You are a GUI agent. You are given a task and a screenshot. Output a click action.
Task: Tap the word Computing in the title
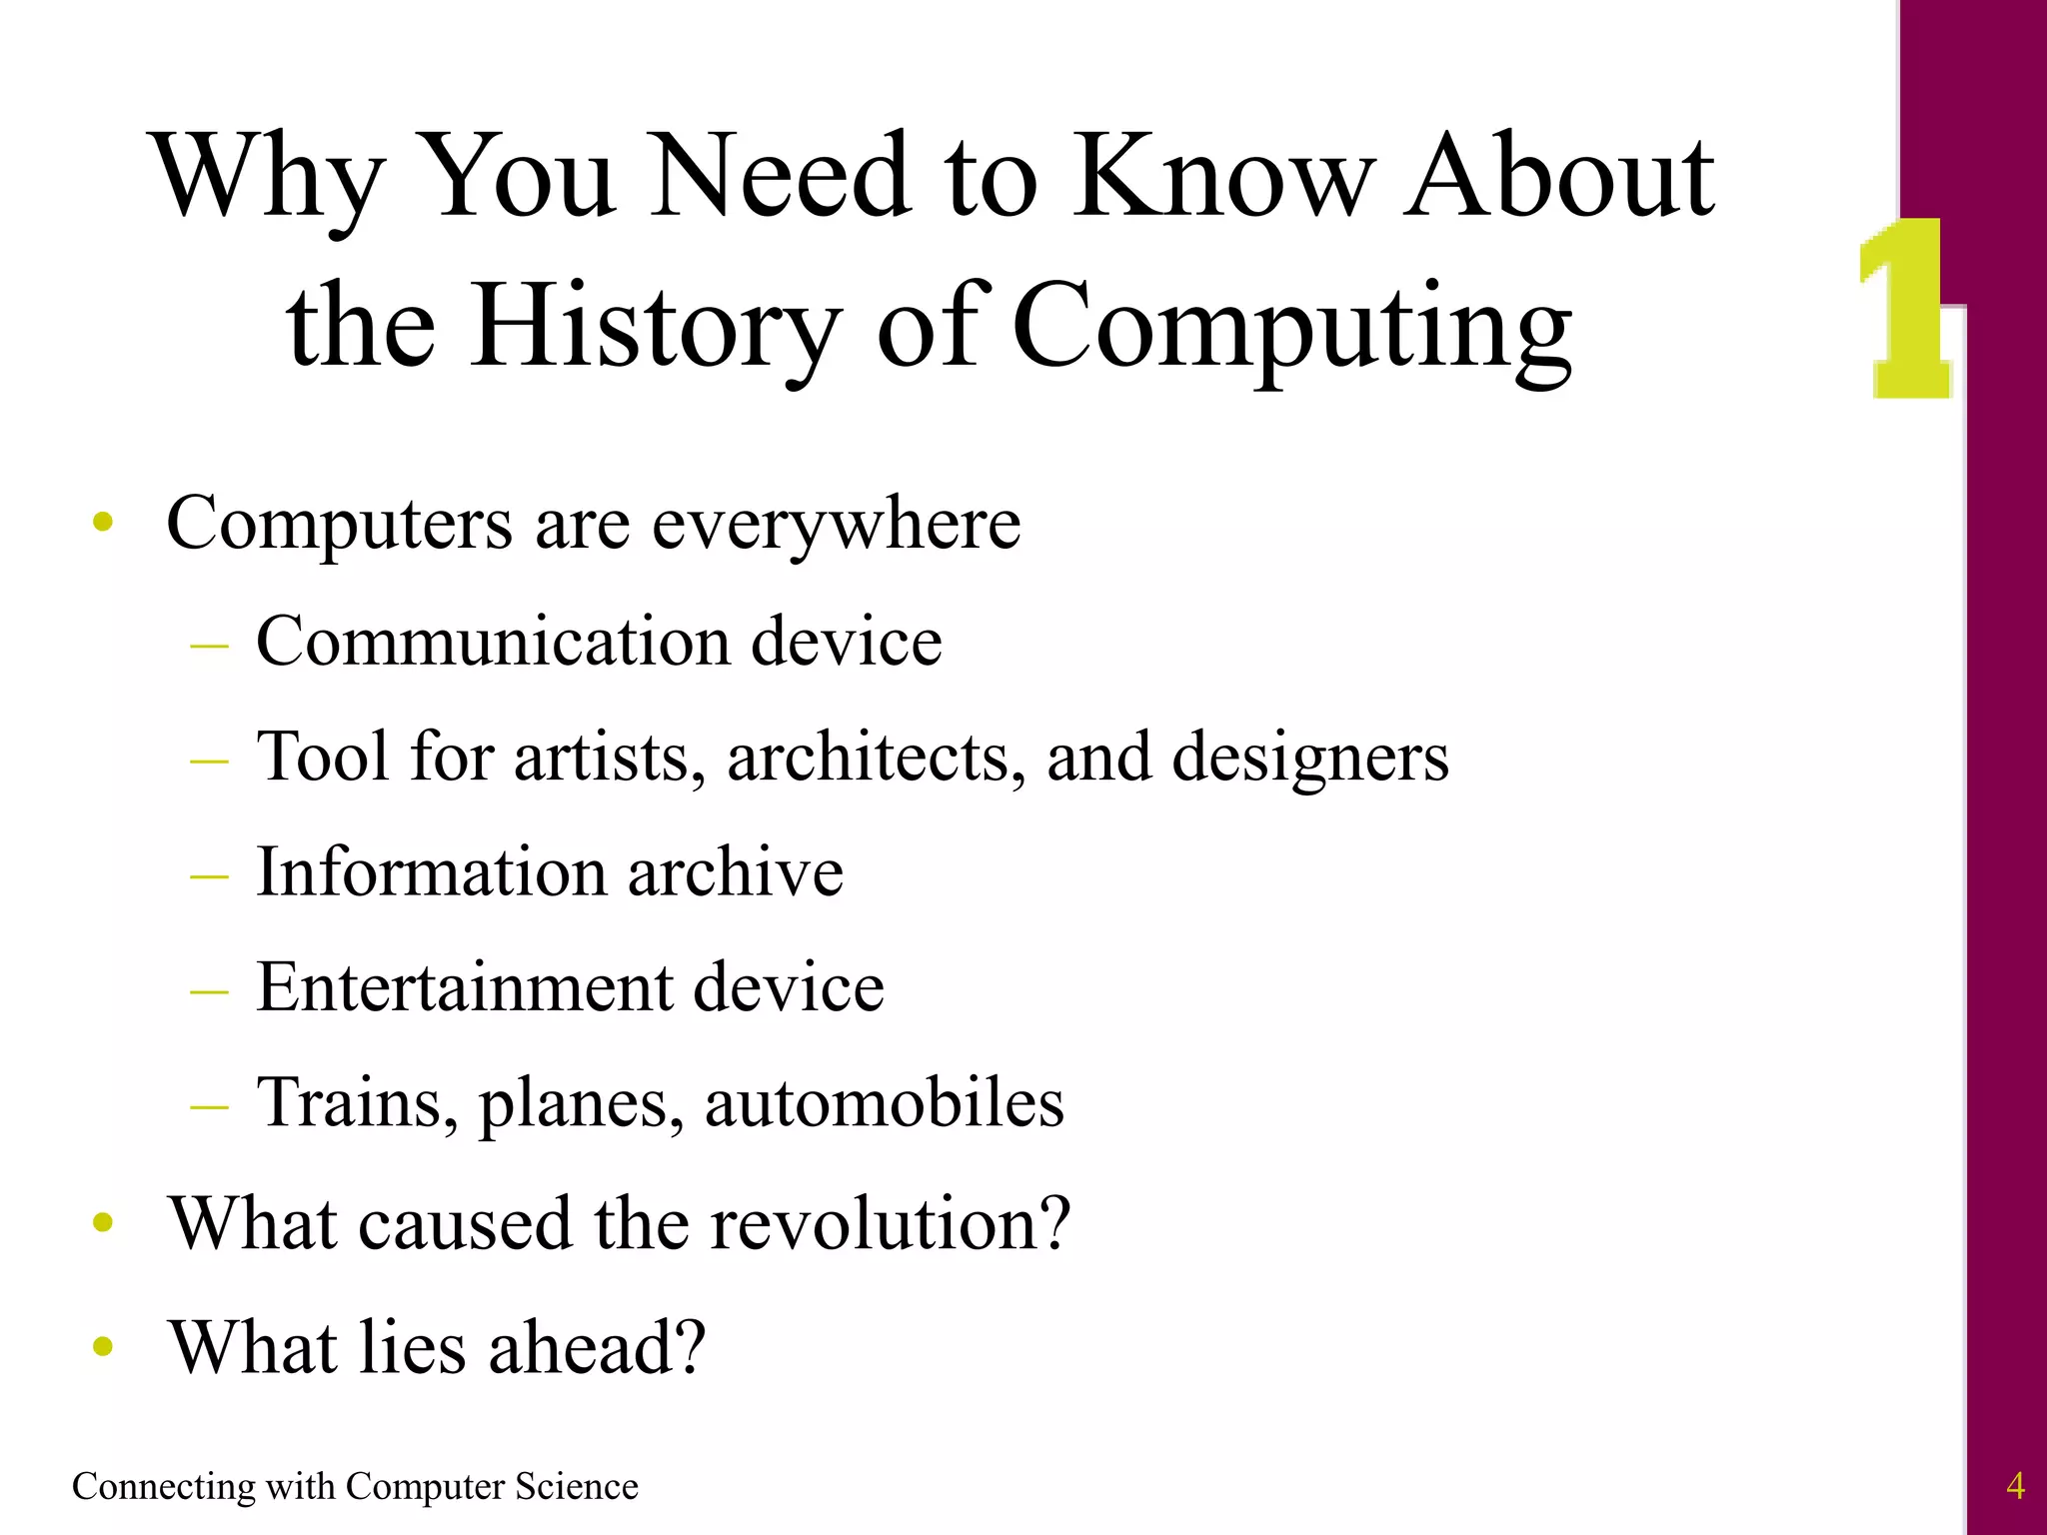[1291, 328]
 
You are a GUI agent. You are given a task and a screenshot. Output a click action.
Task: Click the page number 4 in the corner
[2015, 1486]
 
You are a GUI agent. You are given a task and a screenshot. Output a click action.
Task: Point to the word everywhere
[837, 524]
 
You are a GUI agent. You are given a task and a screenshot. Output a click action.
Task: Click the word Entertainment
[464, 987]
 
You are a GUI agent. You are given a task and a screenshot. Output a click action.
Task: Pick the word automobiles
[885, 1102]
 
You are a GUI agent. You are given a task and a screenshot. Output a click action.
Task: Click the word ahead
[597, 1347]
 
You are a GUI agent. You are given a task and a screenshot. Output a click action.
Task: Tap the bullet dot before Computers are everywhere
[102, 522]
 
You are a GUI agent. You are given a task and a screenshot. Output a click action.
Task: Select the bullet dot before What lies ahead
[102, 1347]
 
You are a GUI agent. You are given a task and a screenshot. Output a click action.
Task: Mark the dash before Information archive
[209, 876]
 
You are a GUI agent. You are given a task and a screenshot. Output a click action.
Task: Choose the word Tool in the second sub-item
[323, 757]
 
